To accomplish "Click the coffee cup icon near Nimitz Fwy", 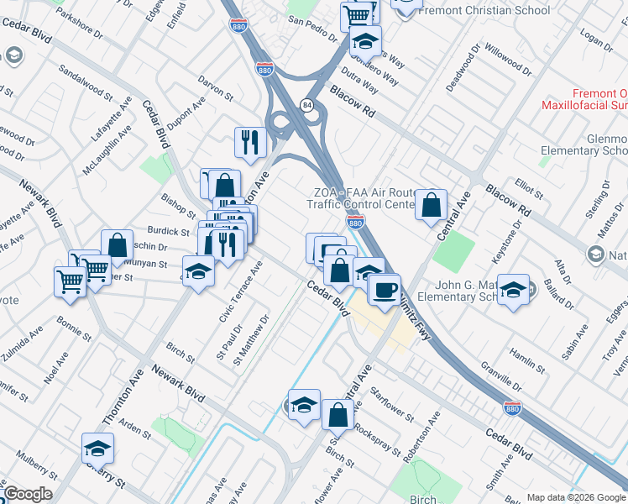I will (x=385, y=289).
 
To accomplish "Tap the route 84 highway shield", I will (x=308, y=104).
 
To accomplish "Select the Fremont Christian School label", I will (x=484, y=11).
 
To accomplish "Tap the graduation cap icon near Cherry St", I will (x=98, y=449).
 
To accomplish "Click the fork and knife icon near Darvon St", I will (x=250, y=141).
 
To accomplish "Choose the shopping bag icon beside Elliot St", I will (x=431, y=204).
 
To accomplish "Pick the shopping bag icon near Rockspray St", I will (x=338, y=414).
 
